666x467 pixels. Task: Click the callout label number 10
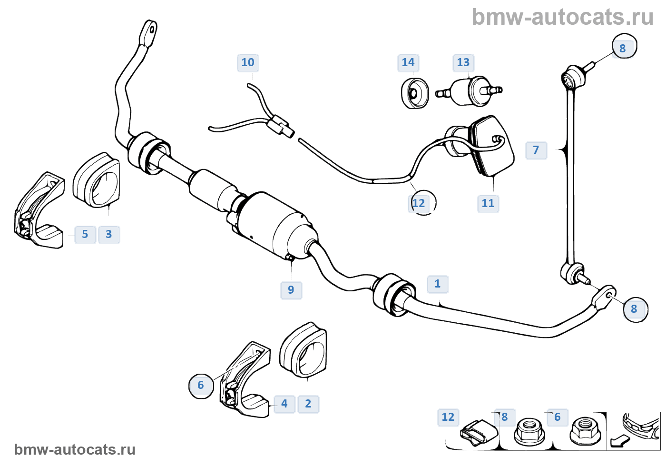[248, 62]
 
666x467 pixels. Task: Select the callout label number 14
[408, 62]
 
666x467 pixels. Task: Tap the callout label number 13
[463, 62]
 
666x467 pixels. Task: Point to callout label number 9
[291, 289]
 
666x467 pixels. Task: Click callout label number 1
[438, 284]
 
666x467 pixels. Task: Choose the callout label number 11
[488, 203]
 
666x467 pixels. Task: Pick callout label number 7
[536, 150]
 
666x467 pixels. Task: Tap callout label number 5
[85, 234]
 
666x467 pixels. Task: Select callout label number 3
[109, 234]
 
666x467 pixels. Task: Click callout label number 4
[284, 404]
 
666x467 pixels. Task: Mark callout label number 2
[308, 404]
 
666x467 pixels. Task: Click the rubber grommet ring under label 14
[414, 93]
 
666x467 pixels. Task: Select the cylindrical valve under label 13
[469, 91]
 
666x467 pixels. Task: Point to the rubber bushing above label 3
[97, 180]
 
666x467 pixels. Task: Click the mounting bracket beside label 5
[39, 212]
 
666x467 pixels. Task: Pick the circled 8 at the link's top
[623, 47]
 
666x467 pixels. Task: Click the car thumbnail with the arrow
[633, 431]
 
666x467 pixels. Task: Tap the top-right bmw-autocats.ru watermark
[562, 17]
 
